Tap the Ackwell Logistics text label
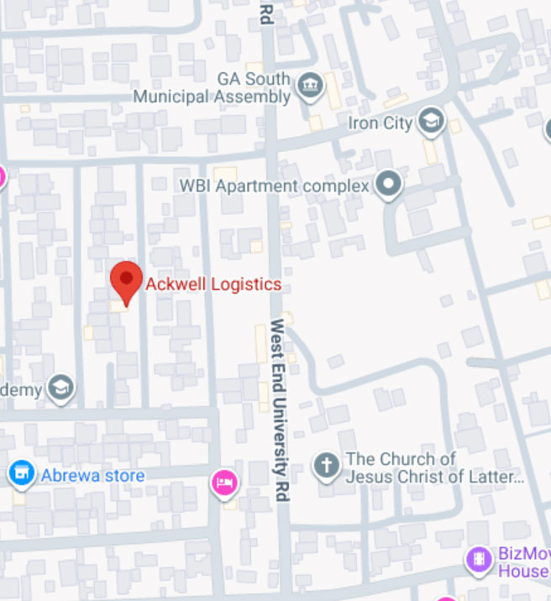point(213,285)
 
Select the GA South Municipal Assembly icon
point(311,86)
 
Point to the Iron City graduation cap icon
point(432,122)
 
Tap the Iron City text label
point(380,123)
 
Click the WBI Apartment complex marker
point(388,185)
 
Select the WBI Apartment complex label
point(275,186)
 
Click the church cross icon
point(326,466)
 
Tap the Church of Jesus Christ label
point(434,468)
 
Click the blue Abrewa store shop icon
point(21,475)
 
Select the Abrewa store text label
point(92,476)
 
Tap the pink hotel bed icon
point(224,482)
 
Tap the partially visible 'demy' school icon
point(61,389)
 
